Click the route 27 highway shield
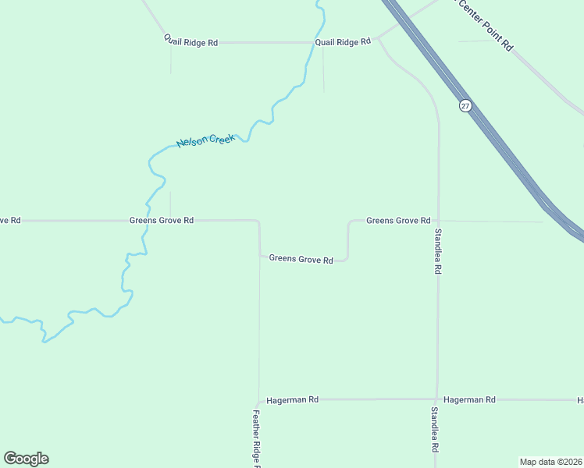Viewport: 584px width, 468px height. (465, 105)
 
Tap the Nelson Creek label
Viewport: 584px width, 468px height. (205, 141)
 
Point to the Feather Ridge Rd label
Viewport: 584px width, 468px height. (256, 438)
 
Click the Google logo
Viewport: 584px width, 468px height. (26, 459)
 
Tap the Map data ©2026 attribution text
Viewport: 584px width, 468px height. (550, 462)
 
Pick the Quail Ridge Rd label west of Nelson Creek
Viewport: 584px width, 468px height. (191, 42)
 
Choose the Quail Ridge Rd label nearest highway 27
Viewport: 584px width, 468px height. (343, 42)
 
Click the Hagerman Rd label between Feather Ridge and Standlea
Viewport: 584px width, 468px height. (292, 399)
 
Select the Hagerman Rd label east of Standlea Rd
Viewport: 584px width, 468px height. (469, 399)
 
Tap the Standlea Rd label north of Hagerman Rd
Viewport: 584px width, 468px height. (438, 250)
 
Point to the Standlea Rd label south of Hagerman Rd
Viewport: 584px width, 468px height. (434, 430)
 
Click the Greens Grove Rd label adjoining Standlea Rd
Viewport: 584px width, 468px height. (398, 221)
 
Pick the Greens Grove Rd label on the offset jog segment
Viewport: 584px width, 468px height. (301, 259)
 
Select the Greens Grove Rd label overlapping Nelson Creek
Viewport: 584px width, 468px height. (161, 221)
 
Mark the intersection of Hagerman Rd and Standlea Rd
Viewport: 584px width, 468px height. (437, 399)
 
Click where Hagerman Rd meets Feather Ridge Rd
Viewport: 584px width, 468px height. (259, 399)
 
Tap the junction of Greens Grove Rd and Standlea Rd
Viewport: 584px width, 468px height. (439, 221)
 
